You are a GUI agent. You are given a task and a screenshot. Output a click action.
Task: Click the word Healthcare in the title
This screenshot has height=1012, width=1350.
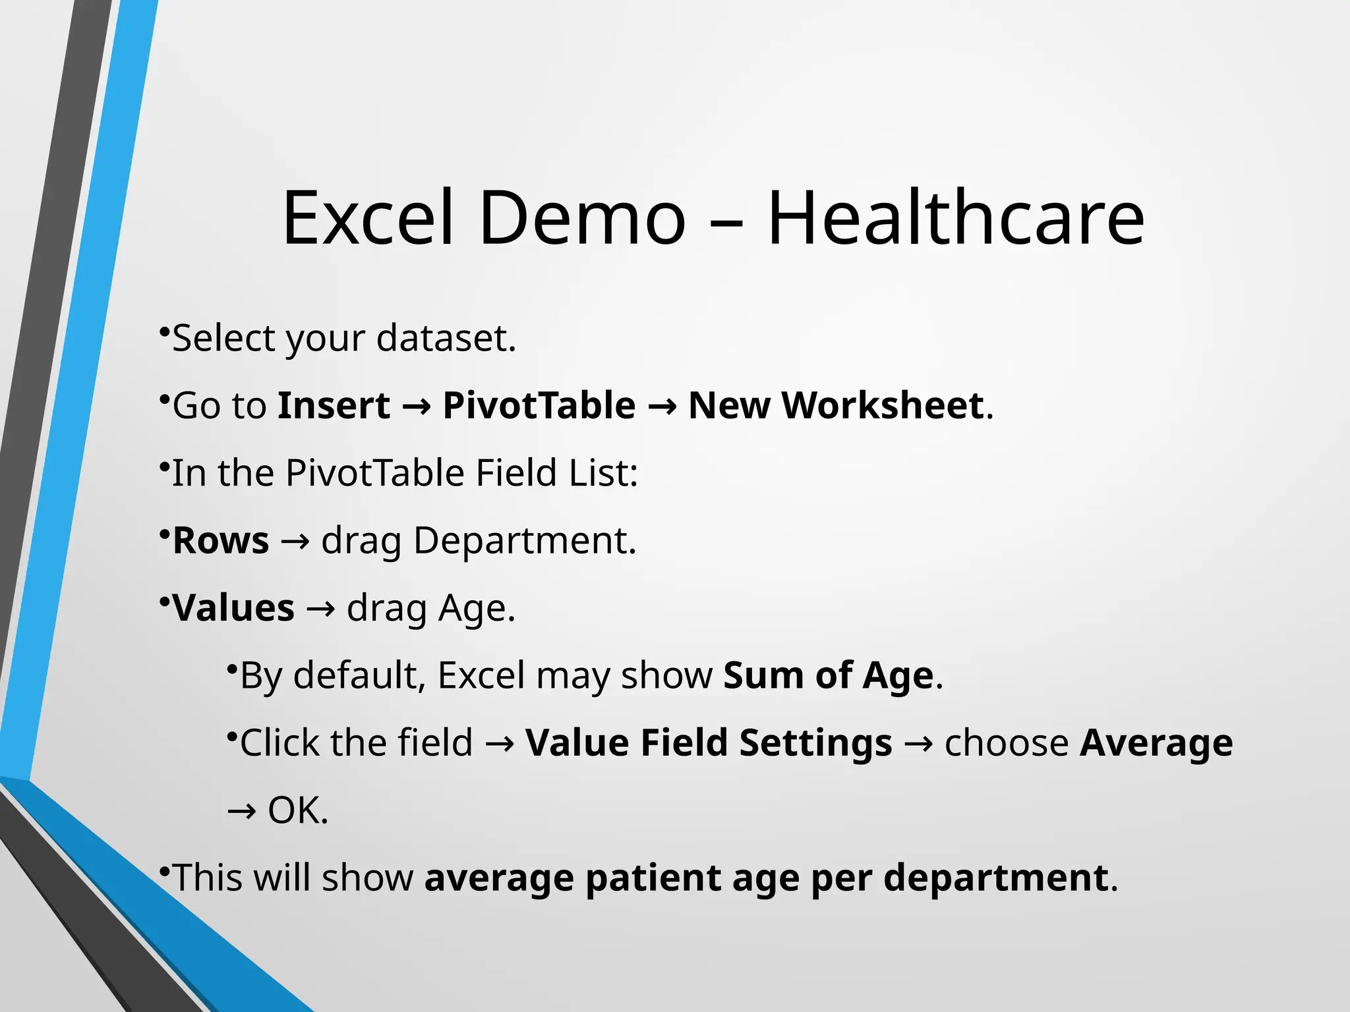coord(956,217)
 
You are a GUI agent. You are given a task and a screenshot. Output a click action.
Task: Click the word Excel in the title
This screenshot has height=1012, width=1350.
coord(368,217)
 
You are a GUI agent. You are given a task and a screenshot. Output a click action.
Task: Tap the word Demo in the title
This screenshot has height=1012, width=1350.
coord(583,217)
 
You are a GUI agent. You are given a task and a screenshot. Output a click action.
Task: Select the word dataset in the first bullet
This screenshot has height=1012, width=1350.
coord(446,339)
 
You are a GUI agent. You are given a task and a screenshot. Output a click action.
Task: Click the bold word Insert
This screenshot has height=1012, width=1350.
coord(334,405)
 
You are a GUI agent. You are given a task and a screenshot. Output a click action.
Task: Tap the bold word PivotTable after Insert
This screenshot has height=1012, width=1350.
coord(539,405)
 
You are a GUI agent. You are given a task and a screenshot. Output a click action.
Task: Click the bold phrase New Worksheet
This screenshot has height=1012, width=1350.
coord(836,405)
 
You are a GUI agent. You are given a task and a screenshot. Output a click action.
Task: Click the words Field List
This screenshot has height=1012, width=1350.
coord(556,473)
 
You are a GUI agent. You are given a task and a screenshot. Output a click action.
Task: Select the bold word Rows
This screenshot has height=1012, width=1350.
coord(221,541)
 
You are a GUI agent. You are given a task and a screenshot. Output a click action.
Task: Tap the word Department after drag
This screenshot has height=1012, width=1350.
coord(524,541)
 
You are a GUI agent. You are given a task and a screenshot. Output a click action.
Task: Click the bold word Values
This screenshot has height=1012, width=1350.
coord(233,608)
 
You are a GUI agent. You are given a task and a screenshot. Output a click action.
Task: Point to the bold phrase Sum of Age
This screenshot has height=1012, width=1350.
coord(829,676)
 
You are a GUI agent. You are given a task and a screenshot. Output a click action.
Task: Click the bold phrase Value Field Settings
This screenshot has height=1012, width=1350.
coord(709,743)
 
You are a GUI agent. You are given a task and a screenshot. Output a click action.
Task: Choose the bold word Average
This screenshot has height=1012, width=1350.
coord(1156,743)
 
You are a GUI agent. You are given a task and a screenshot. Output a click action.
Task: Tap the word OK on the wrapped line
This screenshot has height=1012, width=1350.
coord(297,810)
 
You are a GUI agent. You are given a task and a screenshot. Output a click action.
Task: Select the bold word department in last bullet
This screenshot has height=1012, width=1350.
coord(995,878)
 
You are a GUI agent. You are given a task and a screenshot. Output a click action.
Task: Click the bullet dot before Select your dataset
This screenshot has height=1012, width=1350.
coord(164,330)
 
